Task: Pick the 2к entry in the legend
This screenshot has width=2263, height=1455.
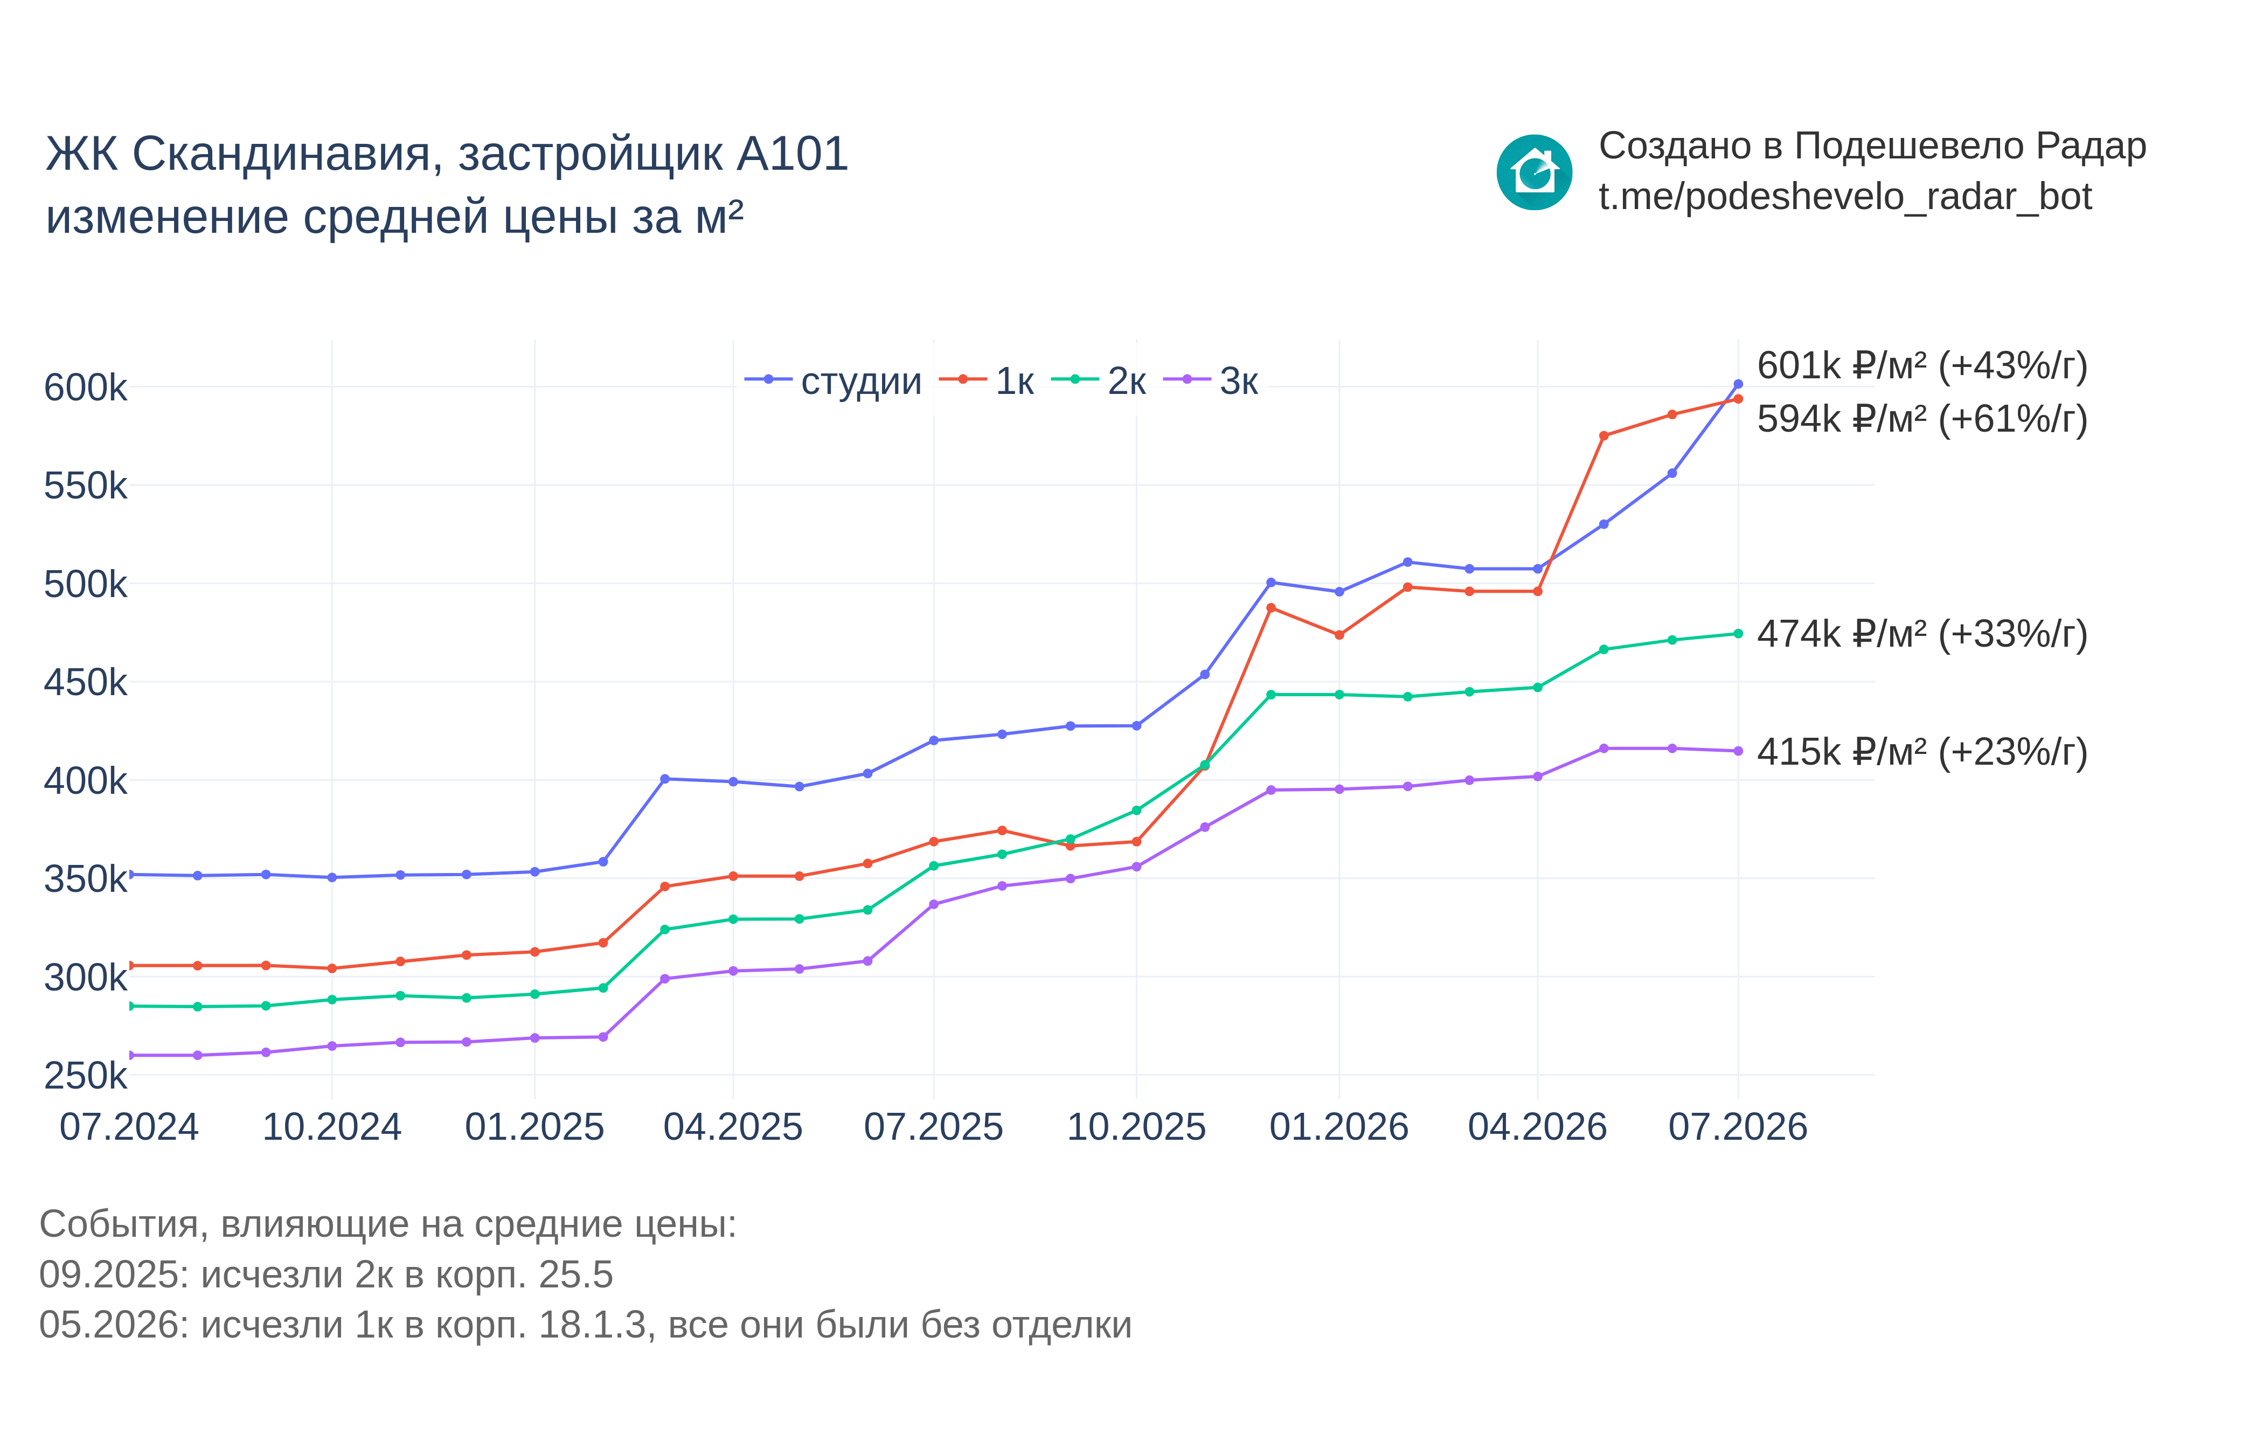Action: [1099, 381]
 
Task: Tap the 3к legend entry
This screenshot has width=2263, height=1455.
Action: [1211, 381]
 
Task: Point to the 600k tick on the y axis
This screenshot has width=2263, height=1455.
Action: [85, 387]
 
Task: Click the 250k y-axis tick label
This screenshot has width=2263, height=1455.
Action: [85, 1075]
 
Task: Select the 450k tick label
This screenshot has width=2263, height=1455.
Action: [85, 682]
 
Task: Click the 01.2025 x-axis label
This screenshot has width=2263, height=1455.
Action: [534, 1127]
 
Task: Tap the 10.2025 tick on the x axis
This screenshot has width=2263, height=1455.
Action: [1136, 1127]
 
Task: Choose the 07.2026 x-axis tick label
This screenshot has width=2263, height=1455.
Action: [1738, 1127]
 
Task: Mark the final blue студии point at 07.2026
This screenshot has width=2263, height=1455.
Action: [1738, 385]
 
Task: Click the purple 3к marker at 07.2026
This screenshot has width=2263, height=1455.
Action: [1738, 751]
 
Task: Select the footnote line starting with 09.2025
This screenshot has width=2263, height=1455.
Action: [326, 1274]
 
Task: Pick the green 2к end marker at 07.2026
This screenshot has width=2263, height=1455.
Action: [1738, 634]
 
